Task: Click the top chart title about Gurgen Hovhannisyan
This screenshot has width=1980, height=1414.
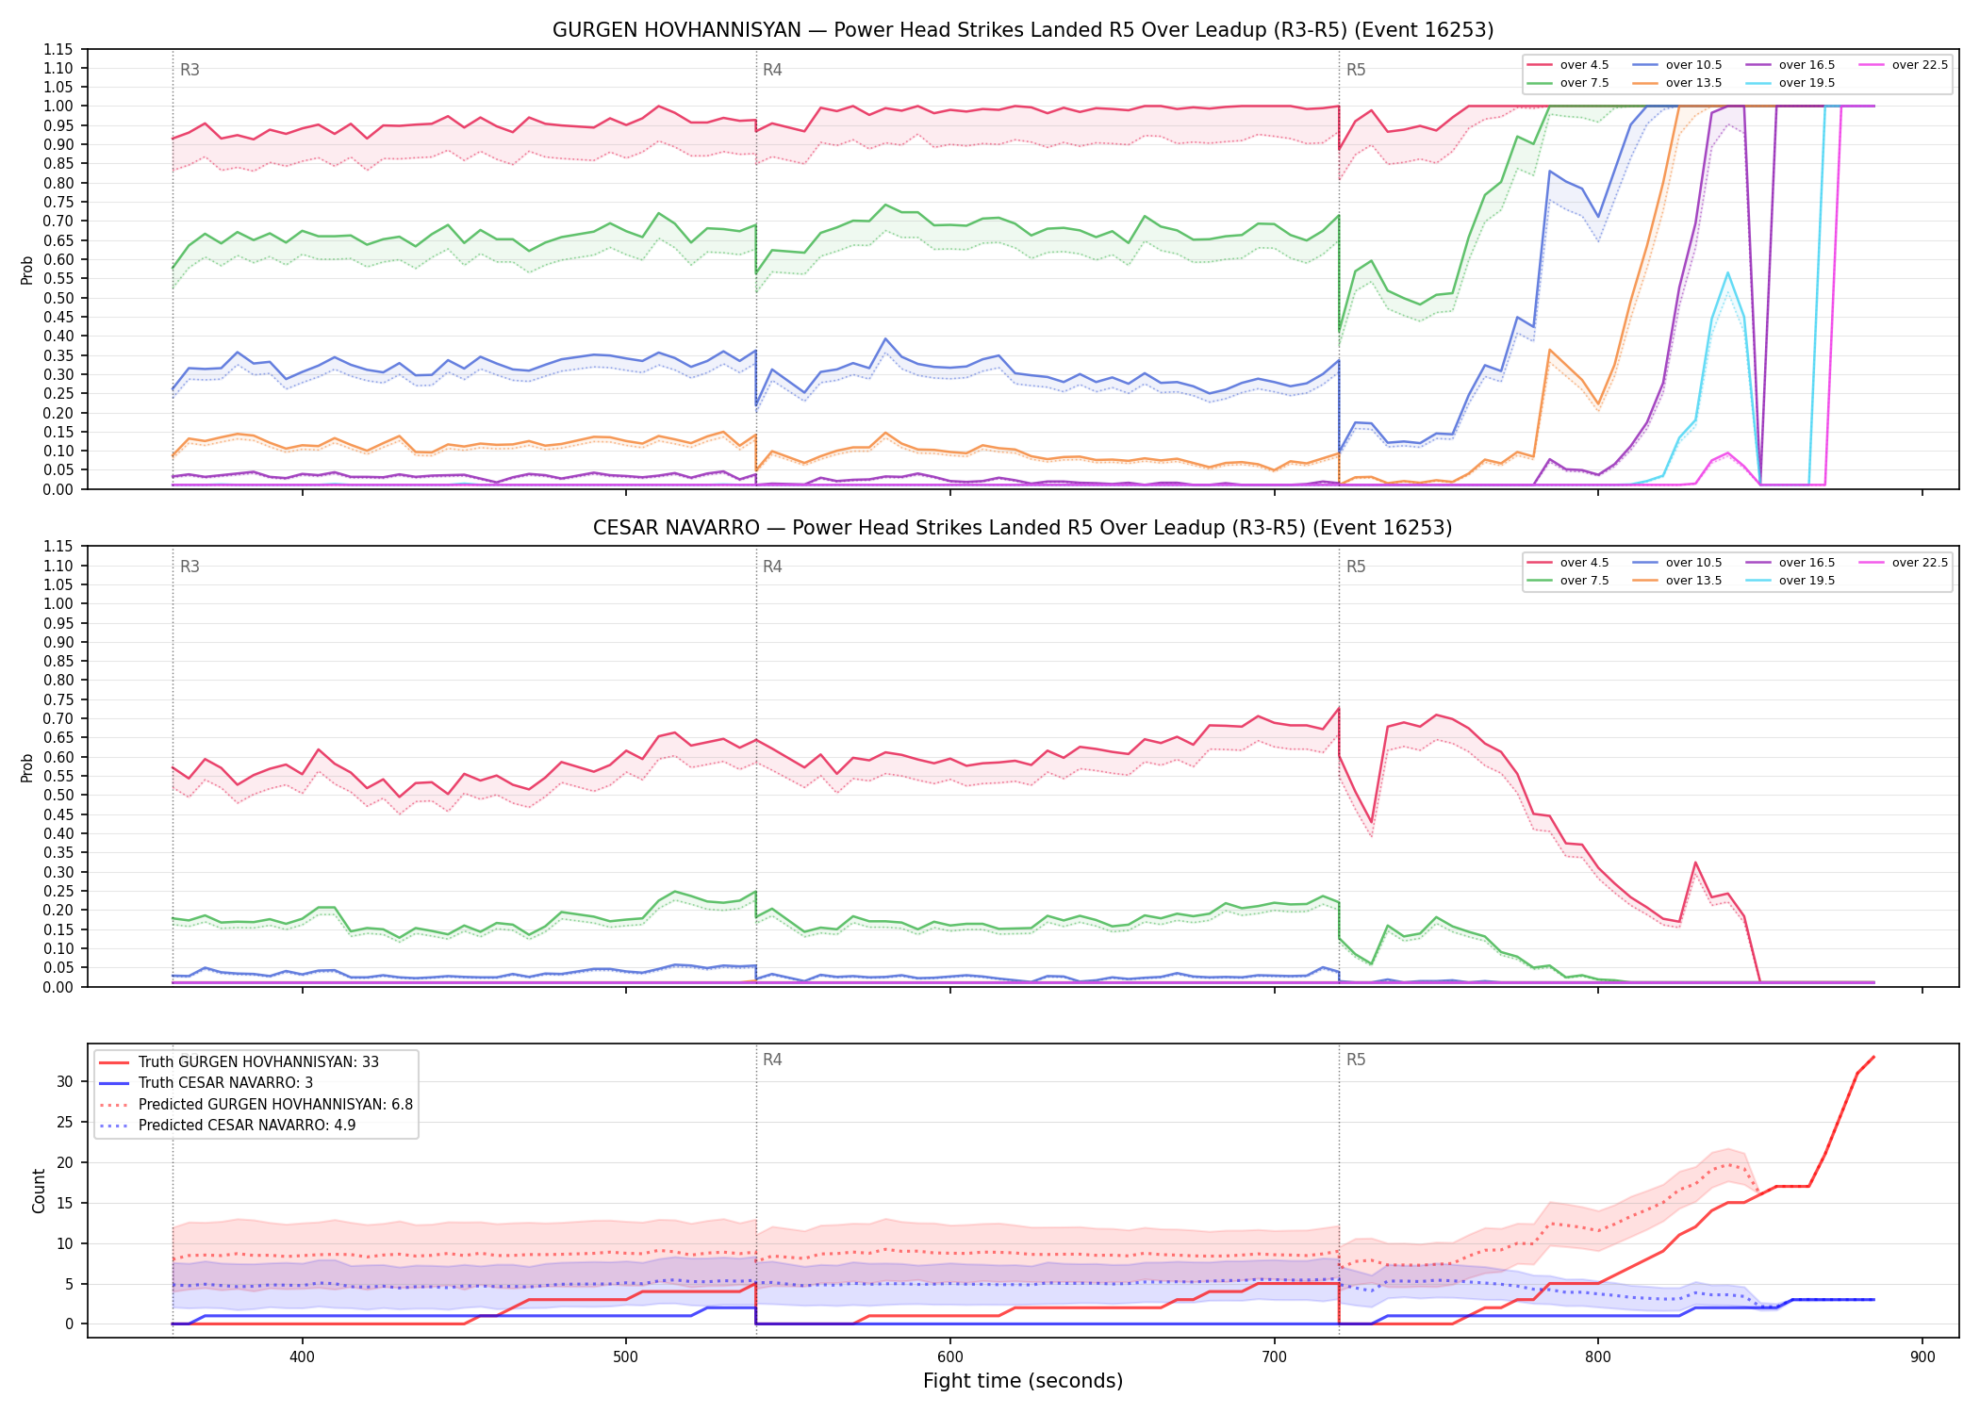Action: tap(1023, 30)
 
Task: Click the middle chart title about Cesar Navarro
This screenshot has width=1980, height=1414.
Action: tap(1023, 528)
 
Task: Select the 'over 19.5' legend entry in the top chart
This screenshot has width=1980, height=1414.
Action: tap(1791, 83)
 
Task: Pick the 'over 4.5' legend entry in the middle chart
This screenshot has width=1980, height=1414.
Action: tap(1569, 563)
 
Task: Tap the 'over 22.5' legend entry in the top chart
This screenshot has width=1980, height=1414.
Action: tap(1904, 65)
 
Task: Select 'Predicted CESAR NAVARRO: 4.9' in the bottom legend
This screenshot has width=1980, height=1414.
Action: tap(227, 1125)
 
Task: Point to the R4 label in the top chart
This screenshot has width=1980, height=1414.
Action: tap(772, 70)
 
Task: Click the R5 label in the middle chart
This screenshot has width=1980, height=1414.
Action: tap(1356, 567)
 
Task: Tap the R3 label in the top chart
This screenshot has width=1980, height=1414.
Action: tap(190, 70)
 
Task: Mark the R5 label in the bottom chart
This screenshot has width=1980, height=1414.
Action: tap(1356, 1060)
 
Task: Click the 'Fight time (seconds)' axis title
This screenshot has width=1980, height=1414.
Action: tap(1023, 1381)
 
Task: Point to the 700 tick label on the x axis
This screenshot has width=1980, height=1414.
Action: tap(1274, 1357)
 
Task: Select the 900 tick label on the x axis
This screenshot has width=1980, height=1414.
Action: tap(1922, 1357)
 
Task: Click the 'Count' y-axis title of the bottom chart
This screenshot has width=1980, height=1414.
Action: tap(39, 1191)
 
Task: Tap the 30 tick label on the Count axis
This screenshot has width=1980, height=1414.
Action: tap(65, 1081)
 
